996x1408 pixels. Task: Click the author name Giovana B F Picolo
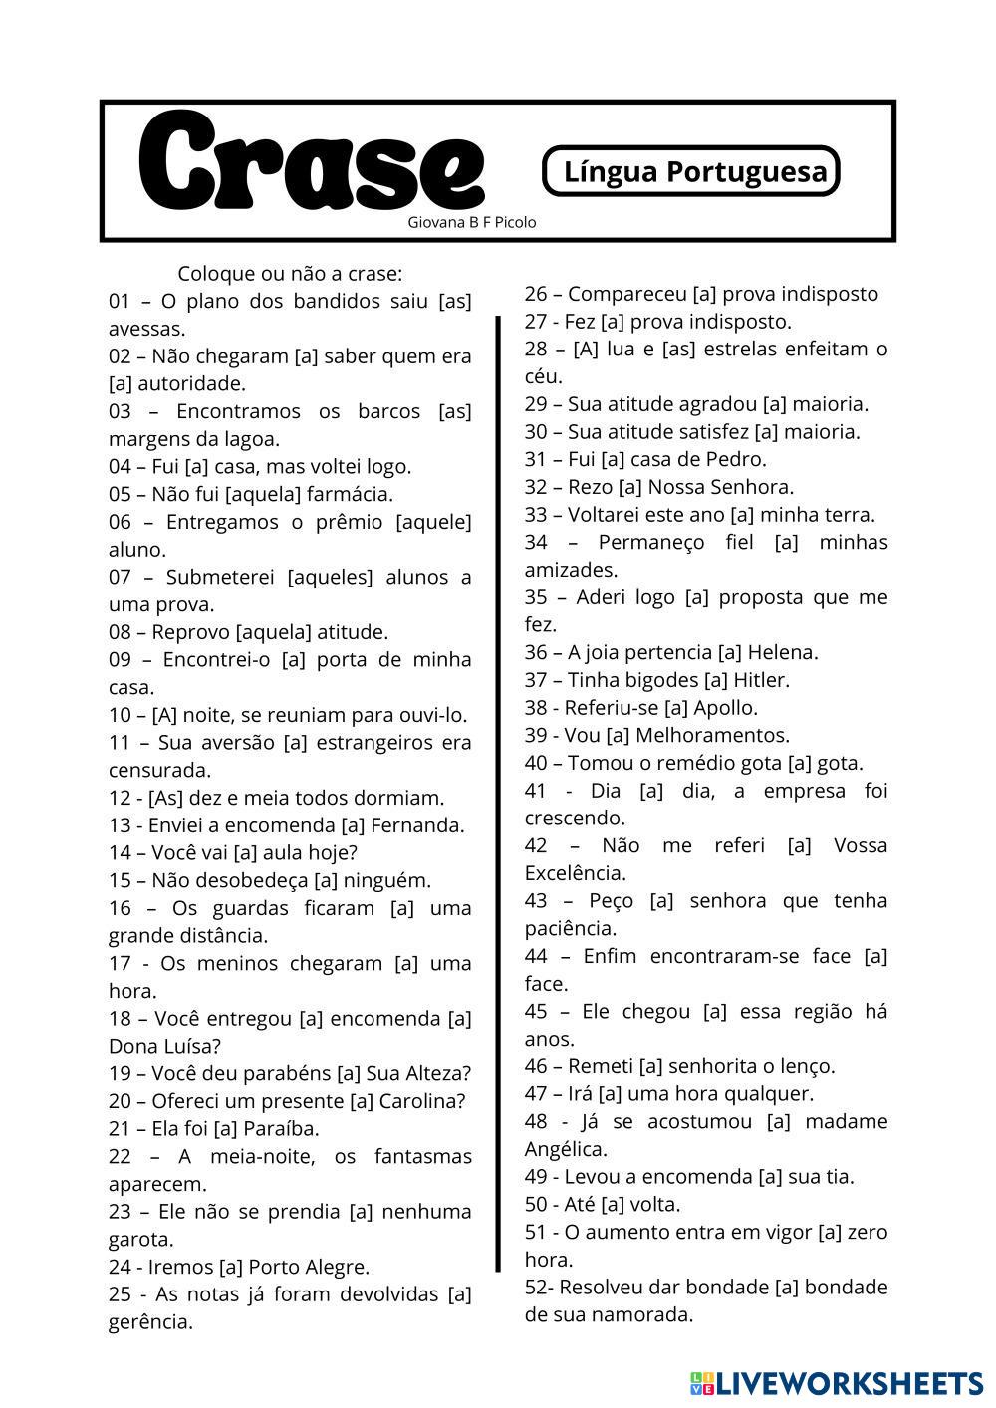471,222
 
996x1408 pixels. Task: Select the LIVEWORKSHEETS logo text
848,1383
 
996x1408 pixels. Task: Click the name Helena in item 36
781,652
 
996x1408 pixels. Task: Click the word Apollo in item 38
724,708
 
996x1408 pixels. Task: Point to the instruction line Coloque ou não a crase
290,273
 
